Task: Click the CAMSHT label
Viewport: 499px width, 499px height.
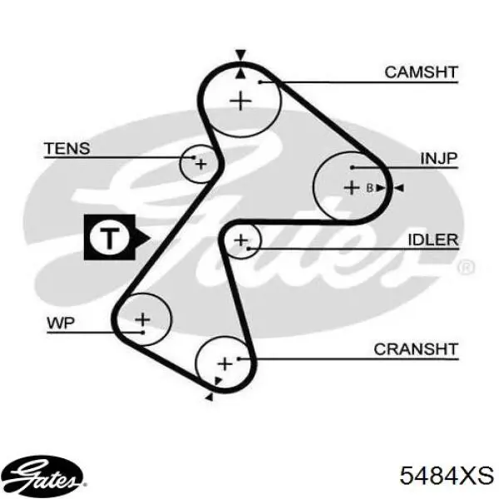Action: [421, 72]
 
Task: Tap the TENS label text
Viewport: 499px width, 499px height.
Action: [67, 149]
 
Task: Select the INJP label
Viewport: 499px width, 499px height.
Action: [439, 158]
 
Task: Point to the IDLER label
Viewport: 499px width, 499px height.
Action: [433, 240]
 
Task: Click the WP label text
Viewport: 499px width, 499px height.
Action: [61, 324]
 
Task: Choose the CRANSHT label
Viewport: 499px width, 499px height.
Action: [416, 349]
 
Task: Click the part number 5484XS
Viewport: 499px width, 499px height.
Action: [447, 476]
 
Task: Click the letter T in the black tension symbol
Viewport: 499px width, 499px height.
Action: [110, 238]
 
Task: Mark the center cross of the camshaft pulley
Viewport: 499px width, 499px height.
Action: [240, 101]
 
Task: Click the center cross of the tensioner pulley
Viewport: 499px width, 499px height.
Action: [200, 165]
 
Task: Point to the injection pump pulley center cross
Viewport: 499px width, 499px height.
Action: [352, 187]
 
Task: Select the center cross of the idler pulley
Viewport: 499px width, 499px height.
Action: [241, 240]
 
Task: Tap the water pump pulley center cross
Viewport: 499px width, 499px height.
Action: [142, 319]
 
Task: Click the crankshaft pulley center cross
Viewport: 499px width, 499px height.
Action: [225, 363]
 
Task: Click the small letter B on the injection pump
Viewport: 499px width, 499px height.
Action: [369, 188]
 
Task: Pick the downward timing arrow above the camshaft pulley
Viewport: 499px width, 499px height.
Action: [240, 55]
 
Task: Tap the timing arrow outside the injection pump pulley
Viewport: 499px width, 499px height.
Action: [399, 188]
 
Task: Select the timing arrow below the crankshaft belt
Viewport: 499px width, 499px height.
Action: [209, 397]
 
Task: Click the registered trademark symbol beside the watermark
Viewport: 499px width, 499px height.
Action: [466, 267]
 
